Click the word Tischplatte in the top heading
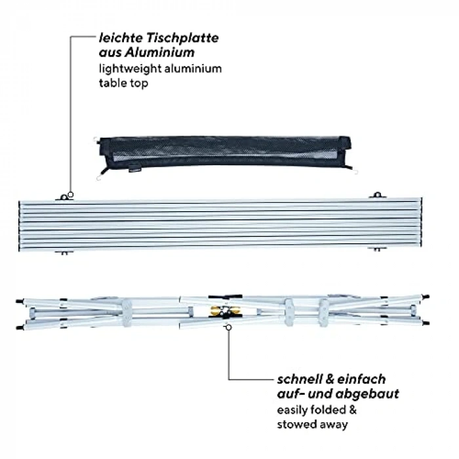[182, 38]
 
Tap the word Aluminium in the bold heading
[159, 52]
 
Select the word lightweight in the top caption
[130, 69]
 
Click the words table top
[123, 83]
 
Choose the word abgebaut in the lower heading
[367, 393]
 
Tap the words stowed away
[312, 424]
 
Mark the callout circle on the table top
[70, 195]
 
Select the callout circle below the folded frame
[229, 328]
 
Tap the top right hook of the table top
[377, 195]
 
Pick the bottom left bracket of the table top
[64, 252]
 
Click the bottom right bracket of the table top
[377, 249]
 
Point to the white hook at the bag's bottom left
[98, 178]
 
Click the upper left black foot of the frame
[19, 301]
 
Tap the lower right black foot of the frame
[426, 323]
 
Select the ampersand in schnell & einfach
[330, 380]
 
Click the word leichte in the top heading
[121, 38]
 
